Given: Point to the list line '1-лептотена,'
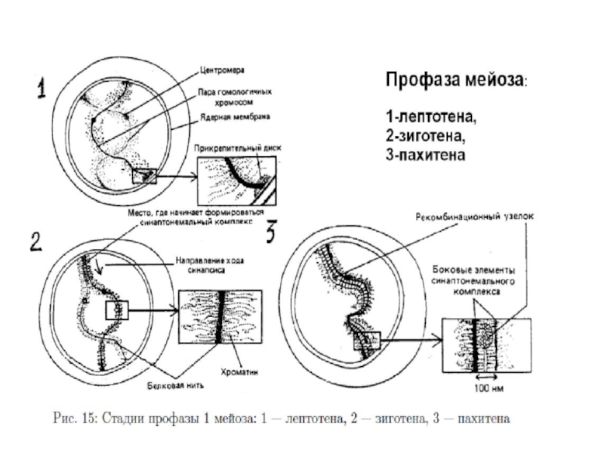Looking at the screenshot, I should [431, 119].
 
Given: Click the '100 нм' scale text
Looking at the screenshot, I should [484, 390].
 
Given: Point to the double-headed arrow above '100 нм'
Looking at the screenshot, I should [483, 378].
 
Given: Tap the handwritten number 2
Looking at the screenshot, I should [35, 242].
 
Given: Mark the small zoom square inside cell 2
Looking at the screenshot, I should [117, 310].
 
